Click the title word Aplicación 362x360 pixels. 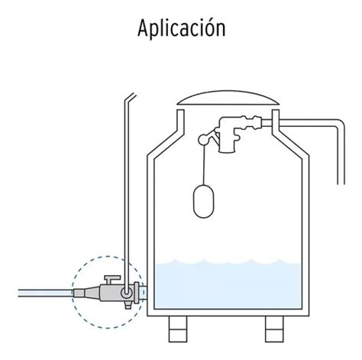[x=181, y=28]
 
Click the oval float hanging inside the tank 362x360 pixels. [x=204, y=200]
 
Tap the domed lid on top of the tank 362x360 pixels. [x=228, y=98]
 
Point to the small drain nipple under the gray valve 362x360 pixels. [x=128, y=305]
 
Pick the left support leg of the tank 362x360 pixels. [x=178, y=329]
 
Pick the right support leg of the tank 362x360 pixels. [x=274, y=329]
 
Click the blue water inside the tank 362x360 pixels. [x=228, y=284]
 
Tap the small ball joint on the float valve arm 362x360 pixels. [x=203, y=139]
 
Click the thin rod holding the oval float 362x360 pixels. [x=204, y=164]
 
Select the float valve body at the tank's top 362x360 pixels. [x=228, y=135]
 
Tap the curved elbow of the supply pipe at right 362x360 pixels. [x=340, y=124]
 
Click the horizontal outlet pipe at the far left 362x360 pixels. [x=46, y=293]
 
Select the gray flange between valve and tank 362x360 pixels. [x=137, y=293]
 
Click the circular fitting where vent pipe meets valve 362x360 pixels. [x=127, y=293]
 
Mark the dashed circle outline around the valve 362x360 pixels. [x=73, y=293]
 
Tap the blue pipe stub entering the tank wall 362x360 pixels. [x=144, y=293]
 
